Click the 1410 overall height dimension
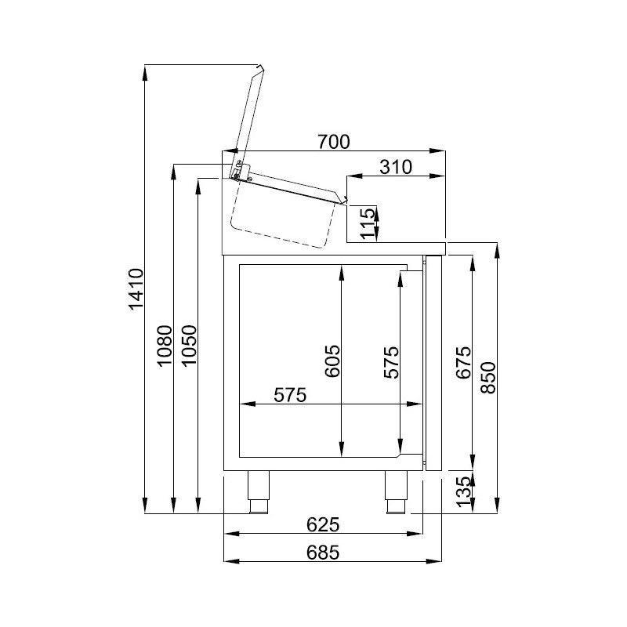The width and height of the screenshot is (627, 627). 136,289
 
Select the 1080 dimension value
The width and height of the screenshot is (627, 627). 165,346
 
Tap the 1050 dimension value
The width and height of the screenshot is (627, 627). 189,345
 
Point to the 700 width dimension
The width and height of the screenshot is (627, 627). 334,142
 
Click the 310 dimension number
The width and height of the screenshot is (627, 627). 396,167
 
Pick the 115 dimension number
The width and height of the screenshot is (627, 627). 368,223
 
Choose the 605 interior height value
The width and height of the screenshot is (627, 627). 332,361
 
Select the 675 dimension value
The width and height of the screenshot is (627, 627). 464,363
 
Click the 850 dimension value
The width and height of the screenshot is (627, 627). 488,378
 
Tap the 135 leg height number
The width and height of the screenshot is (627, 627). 464,491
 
